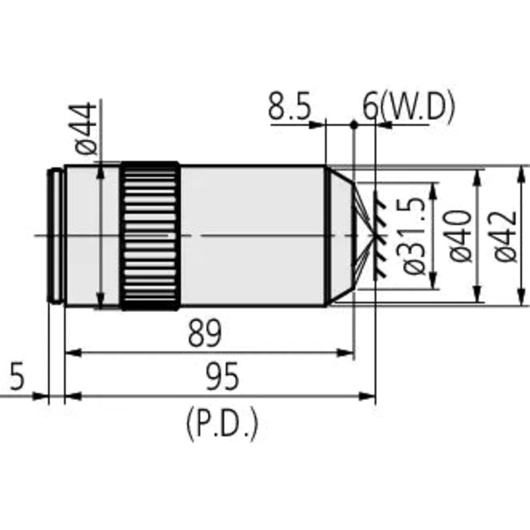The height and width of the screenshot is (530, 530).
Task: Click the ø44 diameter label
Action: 85,128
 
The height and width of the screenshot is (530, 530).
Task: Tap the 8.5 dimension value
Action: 290,107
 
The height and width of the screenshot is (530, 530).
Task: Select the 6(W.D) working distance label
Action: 409,107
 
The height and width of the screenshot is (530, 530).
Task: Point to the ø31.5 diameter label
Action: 413,237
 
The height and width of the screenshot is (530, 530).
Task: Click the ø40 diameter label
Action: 460,236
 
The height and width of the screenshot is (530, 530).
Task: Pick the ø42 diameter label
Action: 505,236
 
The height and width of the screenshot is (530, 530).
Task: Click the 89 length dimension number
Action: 205,334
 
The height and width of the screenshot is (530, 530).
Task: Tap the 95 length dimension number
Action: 223,376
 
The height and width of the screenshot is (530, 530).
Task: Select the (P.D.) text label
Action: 222,424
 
